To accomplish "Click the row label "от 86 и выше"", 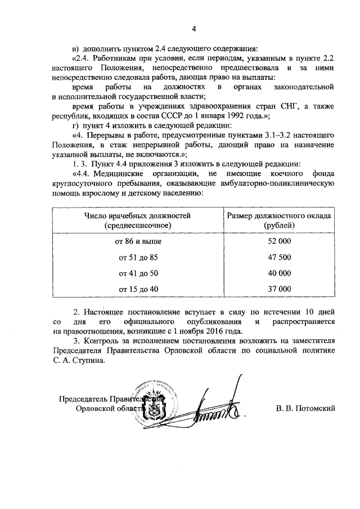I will pos(138,241).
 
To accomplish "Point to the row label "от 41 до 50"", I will pos(138,273).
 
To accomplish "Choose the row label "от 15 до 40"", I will pos(138,289).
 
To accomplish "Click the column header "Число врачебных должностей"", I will pos(138,215).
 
